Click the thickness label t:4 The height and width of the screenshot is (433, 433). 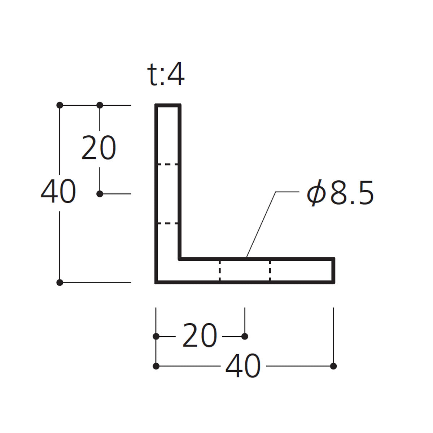(x=166, y=74)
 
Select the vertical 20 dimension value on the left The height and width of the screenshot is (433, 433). (x=99, y=148)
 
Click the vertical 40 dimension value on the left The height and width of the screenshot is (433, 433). (x=58, y=191)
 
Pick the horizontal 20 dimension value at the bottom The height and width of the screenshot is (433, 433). (x=200, y=336)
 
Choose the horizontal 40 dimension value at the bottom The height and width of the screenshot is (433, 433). (x=243, y=366)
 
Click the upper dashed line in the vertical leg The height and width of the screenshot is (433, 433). (x=168, y=165)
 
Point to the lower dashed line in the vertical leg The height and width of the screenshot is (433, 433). (x=168, y=224)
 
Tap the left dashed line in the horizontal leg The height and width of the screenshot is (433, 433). (x=219, y=271)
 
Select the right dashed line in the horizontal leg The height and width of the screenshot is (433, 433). (x=270, y=271)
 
